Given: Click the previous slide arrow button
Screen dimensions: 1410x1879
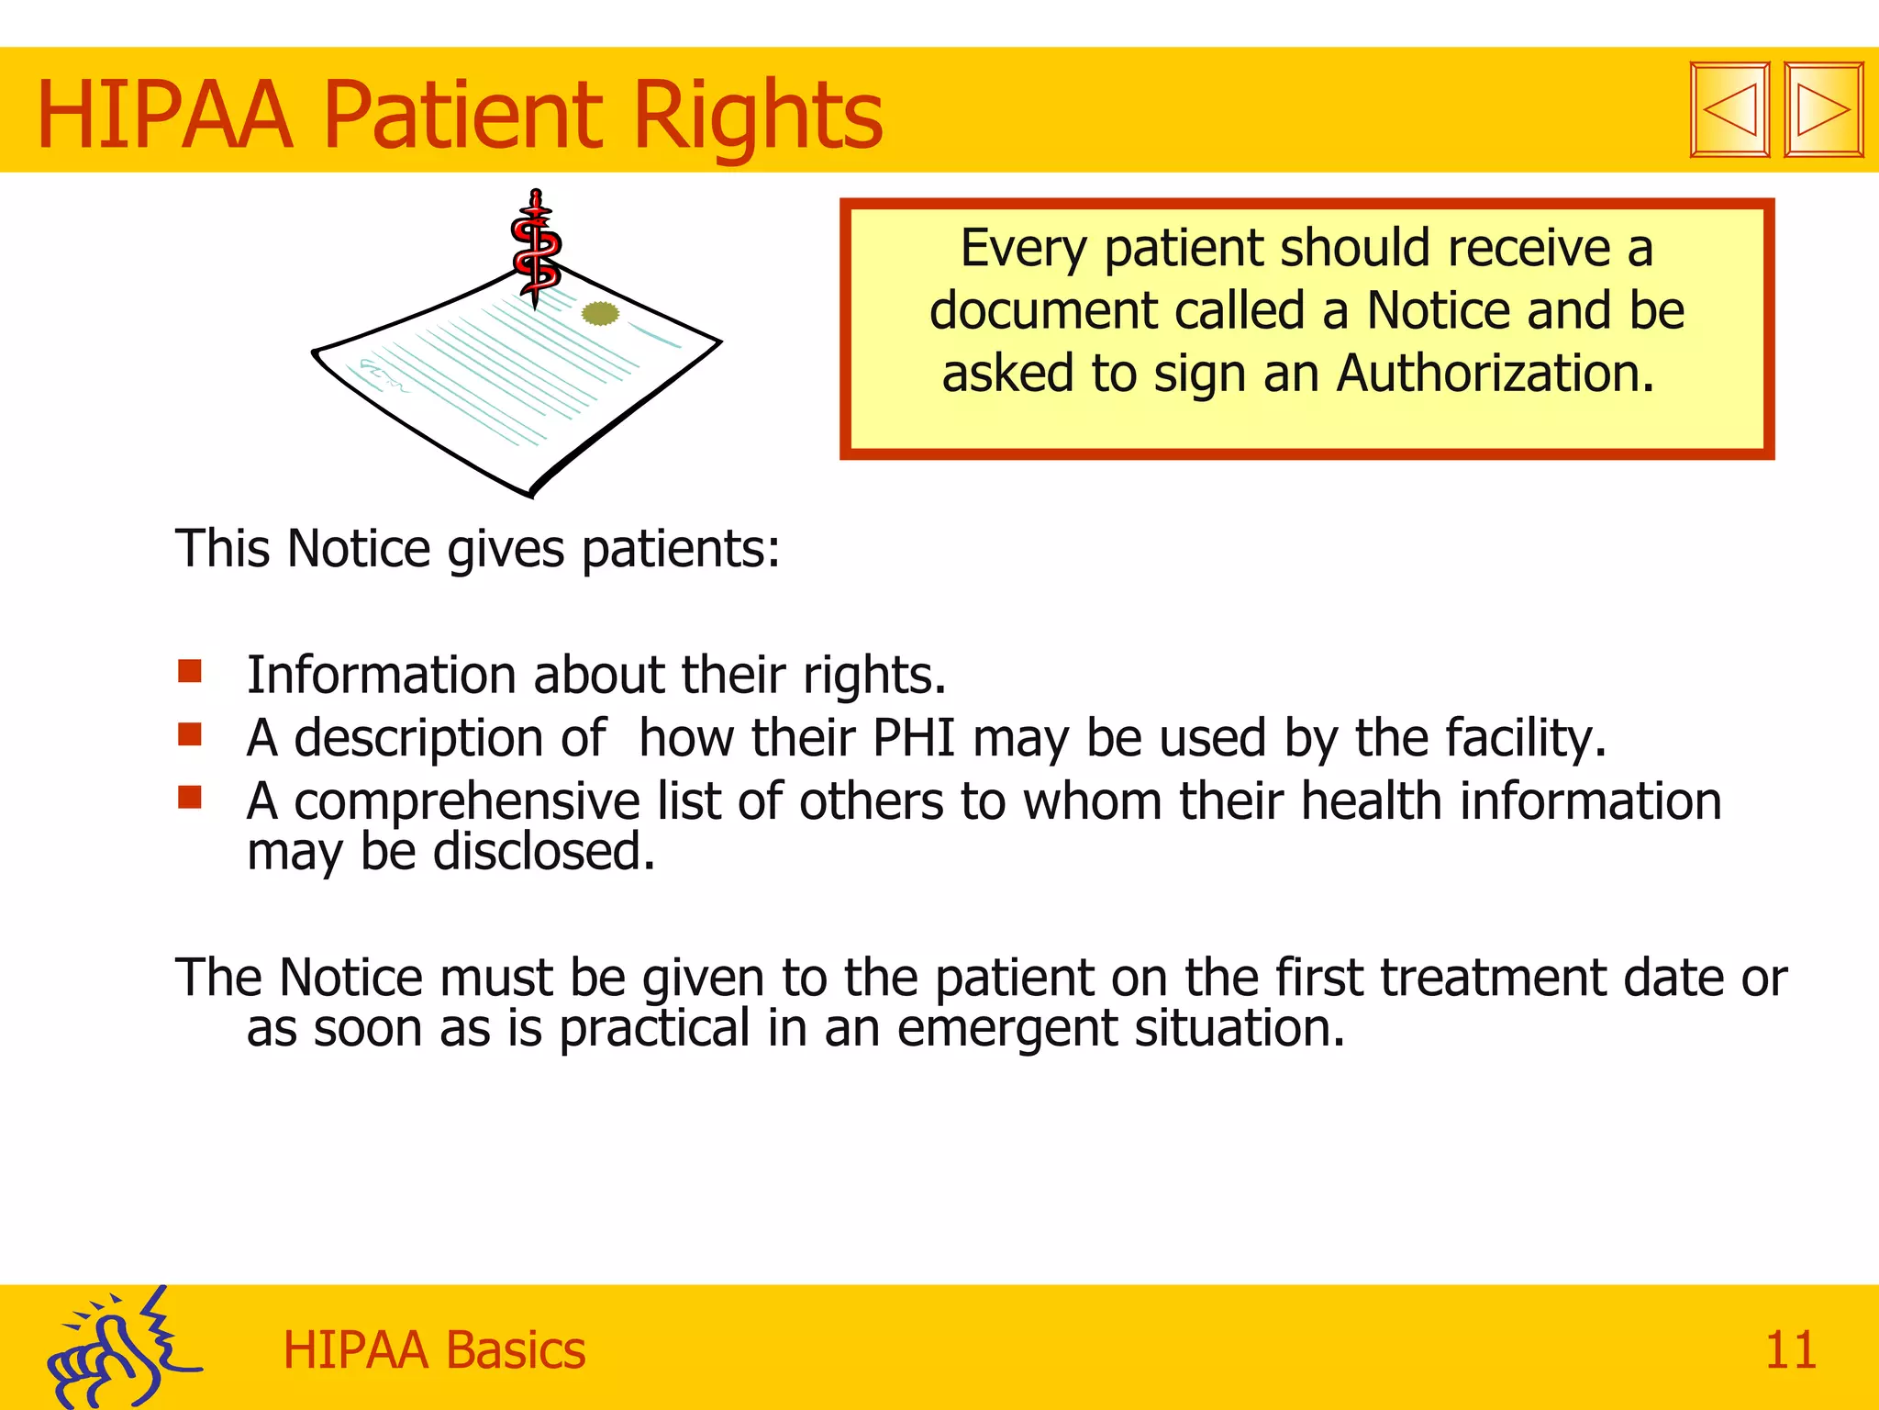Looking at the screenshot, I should [x=1729, y=110].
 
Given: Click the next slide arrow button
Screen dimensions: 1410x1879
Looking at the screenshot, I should [x=1823, y=110].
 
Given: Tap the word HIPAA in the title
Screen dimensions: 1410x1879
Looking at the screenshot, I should [x=165, y=117].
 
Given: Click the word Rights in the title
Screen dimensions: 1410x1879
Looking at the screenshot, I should [x=757, y=117].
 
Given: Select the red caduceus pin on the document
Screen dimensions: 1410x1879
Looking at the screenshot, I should [x=536, y=246].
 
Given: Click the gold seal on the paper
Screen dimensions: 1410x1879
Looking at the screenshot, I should [x=601, y=314].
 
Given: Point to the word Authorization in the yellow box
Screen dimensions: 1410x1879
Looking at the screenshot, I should [x=1495, y=375].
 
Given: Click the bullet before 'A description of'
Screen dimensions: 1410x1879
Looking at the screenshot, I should [x=190, y=734].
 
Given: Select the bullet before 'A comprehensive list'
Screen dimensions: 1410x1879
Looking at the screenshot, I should [x=190, y=797].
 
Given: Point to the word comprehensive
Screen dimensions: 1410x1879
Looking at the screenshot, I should [x=466, y=802].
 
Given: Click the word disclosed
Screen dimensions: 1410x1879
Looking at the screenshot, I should [x=543, y=852].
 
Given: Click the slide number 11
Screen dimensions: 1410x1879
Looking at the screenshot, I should [x=1790, y=1350].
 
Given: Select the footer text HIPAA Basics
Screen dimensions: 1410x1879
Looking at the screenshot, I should [x=434, y=1350].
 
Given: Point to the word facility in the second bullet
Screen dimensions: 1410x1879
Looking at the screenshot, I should [x=1523, y=738].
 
